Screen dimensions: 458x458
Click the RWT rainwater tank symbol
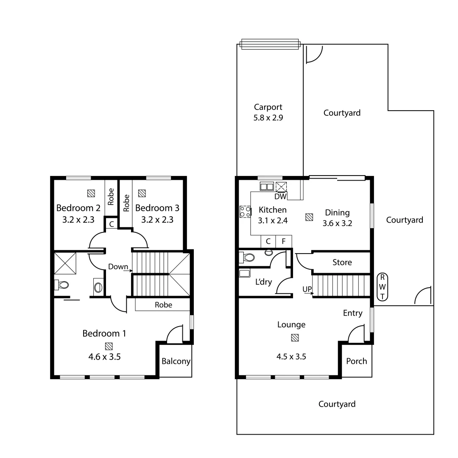pyautogui.click(x=383, y=287)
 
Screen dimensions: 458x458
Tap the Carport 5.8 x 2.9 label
pyautogui.click(x=268, y=113)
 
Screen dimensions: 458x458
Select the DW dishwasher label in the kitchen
pyautogui.click(x=281, y=196)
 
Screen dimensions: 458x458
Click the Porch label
pyautogui.click(x=357, y=361)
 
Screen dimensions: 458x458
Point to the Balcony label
pyautogui.click(x=176, y=362)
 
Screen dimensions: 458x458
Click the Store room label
pyautogui.click(x=342, y=263)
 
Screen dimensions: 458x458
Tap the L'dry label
pyautogui.click(x=263, y=282)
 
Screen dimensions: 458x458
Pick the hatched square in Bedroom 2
pyautogui.click(x=91, y=193)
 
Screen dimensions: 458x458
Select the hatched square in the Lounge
pyautogui.click(x=295, y=338)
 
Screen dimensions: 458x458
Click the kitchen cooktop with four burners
pyautogui.click(x=245, y=212)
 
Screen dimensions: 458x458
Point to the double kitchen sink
pyautogui.click(x=267, y=186)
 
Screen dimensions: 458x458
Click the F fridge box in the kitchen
pyautogui.click(x=284, y=241)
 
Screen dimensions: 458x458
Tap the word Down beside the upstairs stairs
pyautogui.click(x=118, y=267)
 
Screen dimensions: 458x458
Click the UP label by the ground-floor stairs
pyautogui.click(x=307, y=289)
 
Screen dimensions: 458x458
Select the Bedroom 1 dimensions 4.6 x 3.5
pyautogui.click(x=104, y=357)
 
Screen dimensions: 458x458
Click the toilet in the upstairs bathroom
pyautogui.click(x=61, y=285)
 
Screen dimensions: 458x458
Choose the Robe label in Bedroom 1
pyautogui.click(x=163, y=304)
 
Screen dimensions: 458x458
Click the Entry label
pyautogui.click(x=352, y=313)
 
